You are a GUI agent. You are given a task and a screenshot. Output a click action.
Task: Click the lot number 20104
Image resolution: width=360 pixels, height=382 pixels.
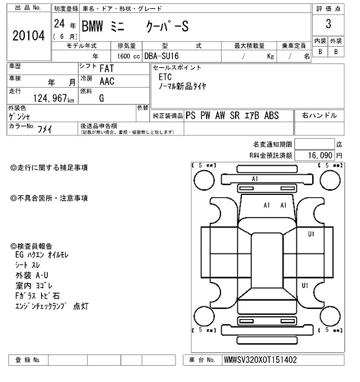coord(28,35)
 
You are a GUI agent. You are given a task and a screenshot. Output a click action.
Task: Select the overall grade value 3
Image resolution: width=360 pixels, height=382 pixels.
coord(328,24)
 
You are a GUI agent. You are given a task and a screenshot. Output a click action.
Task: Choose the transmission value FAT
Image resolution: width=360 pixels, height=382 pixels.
coord(108,68)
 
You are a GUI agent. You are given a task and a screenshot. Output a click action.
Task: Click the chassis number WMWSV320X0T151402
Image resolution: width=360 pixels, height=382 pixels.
coord(260,360)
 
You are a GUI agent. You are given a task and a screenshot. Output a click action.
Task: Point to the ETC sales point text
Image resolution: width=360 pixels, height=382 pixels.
coord(165,76)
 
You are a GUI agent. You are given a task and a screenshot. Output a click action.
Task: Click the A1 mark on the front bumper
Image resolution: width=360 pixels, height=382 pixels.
coord(254,179)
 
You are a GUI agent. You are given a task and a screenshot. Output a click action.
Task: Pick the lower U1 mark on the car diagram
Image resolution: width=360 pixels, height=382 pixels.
coord(305,286)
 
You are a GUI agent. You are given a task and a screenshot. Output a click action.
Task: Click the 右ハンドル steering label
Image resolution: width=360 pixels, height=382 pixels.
coord(319,115)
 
